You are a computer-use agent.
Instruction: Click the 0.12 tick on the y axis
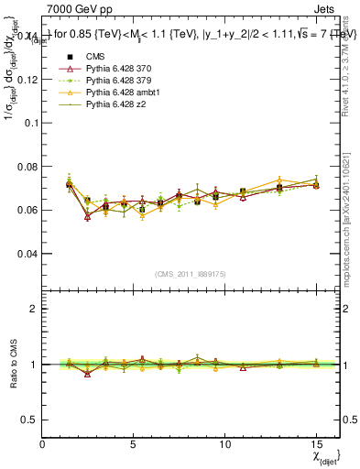(27, 80)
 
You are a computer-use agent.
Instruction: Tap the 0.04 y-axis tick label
(27, 253)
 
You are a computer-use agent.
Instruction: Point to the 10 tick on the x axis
(224, 442)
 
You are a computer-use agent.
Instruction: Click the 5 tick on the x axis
(135, 442)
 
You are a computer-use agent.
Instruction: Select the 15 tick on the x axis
(316, 442)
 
